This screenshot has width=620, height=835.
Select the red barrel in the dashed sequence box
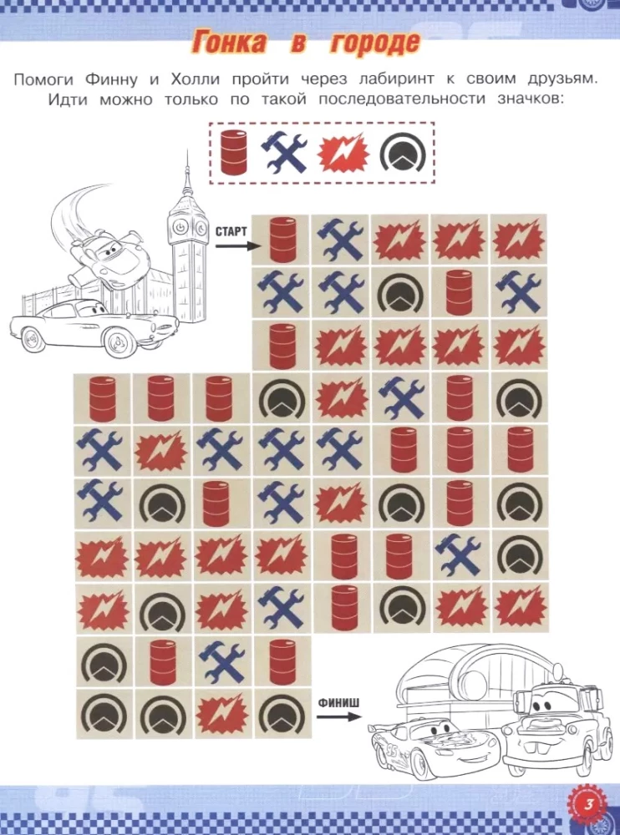point(234,153)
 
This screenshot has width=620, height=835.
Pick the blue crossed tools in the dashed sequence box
point(284,153)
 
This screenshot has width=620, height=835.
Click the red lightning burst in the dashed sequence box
point(343,154)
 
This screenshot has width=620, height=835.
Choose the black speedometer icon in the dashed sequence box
point(404,154)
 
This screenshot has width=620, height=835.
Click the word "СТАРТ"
point(231,231)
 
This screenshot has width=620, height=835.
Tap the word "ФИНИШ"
point(339,703)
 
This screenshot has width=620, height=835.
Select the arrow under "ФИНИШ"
point(339,716)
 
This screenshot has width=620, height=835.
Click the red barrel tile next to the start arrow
point(281,239)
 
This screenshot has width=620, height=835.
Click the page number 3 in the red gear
point(588,805)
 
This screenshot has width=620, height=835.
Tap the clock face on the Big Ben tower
point(180,227)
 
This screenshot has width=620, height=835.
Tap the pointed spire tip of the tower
point(187,151)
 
